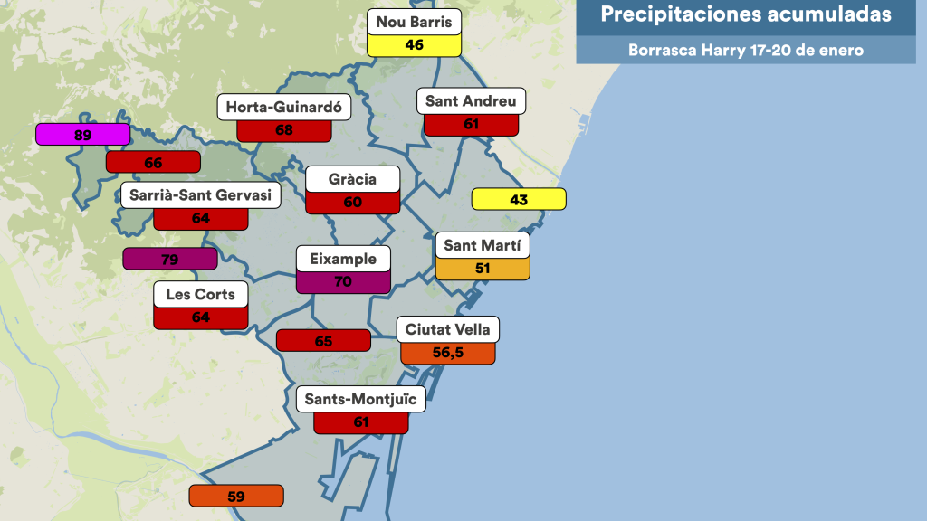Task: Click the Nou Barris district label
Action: tap(415, 22)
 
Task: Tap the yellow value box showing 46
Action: tap(415, 44)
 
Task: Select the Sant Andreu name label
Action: tap(471, 101)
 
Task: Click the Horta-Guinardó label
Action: tap(283, 107)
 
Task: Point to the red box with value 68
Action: tap(283, 129)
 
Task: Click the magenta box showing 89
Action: tap(82, 135)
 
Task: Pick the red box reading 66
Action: tap(153, 163)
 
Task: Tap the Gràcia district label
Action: tap(353, 179)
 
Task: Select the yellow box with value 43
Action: tap(519, 199)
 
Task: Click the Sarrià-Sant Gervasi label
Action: tap(200, 195)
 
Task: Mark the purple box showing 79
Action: tap(169, 260)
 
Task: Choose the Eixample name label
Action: tap(343, 259)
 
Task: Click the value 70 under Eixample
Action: tap(343, 281)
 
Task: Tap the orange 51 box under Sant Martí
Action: tap(483, 268)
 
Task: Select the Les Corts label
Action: tap(201, 294)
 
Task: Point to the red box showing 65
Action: tap(323, 341)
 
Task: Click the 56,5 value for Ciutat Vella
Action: tap(448, 353)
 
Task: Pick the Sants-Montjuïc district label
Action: tap(360, 399)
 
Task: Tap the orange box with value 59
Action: tap(236, 496)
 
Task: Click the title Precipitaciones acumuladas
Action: tap(746, 14)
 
